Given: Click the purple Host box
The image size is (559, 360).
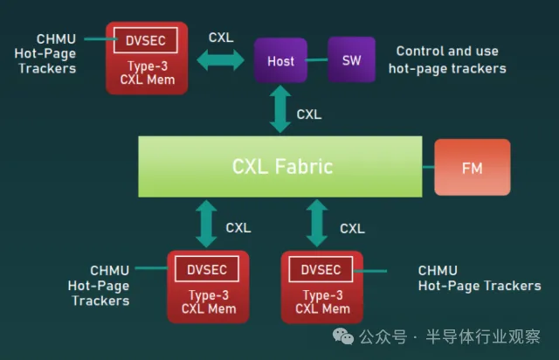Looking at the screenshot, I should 280,60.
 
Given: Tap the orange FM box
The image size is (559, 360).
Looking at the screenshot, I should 472,166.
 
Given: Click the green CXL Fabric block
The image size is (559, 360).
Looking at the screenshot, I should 281,166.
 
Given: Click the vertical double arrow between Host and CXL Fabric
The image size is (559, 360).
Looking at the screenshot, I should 280,110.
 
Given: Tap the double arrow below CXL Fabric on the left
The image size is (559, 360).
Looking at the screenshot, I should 206,224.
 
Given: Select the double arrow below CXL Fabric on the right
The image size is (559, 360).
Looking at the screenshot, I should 318,224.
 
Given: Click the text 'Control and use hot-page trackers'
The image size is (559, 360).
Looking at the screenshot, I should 446,59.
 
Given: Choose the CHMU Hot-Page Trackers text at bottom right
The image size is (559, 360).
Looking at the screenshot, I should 479,279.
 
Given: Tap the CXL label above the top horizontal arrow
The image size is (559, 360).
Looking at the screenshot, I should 221,38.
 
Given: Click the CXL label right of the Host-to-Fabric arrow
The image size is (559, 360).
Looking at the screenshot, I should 308,114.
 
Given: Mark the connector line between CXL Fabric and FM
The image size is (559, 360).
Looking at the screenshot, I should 428,166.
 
